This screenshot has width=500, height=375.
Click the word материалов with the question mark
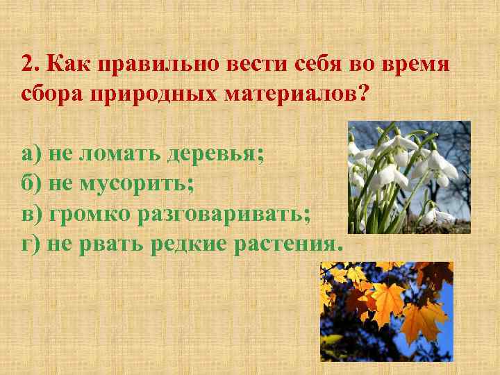point(294,94)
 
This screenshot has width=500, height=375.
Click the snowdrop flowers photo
point(409,177)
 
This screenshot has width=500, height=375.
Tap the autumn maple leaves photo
point(386,312)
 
